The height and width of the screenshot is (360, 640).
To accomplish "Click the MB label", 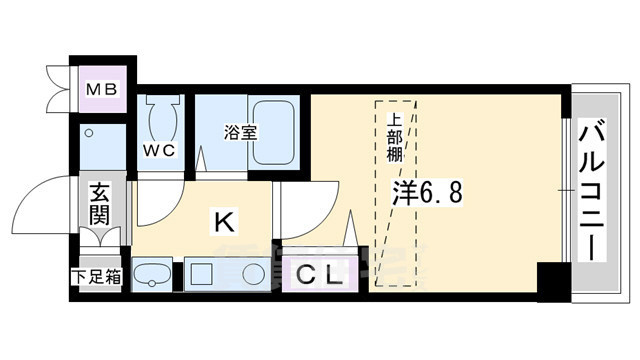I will point(101,90).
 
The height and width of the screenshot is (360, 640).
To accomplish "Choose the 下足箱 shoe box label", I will point(96,277).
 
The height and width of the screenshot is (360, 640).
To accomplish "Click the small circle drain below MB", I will point(88,132).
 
